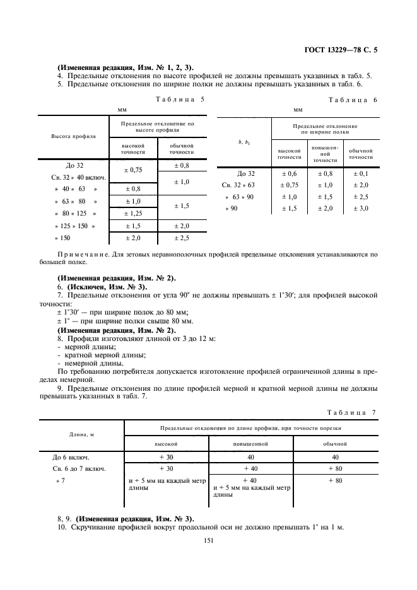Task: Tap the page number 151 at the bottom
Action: click(208, 540)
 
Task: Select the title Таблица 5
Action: click(179, 100)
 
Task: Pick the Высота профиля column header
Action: click(73, 136)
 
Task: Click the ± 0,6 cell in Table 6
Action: click(289, 173)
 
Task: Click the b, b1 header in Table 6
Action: click(244, 142)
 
